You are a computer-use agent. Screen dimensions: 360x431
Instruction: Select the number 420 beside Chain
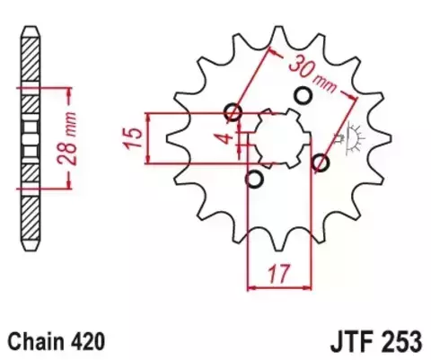pyautogui.click(x=90, y=341)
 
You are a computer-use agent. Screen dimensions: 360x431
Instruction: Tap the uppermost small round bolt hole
pyautogui.click(x=303, y=95)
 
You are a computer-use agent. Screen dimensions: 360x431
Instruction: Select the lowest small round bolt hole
pyautogui.click(x=255, y=180)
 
